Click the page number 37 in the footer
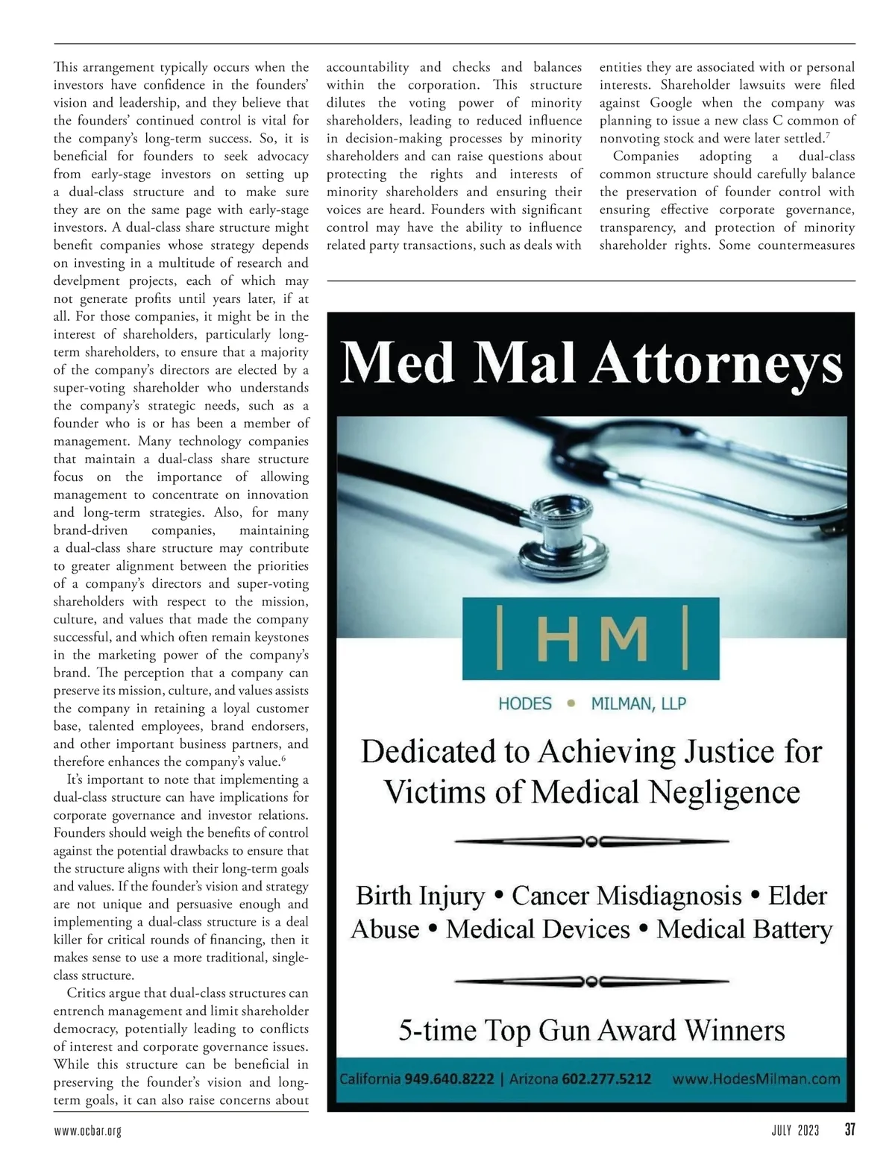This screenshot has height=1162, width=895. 850,1130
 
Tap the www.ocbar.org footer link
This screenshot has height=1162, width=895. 87,1131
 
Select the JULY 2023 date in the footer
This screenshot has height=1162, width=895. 795,1131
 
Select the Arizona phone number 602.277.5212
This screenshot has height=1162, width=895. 606,1079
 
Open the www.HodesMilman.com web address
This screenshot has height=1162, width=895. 756,1079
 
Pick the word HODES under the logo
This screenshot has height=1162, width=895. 525,704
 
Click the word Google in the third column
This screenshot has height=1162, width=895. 671,103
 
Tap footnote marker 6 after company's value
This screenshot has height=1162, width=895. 284,759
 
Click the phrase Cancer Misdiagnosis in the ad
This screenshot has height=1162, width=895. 627,895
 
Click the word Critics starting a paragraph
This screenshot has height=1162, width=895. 87,993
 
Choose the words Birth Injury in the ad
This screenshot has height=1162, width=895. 420,895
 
